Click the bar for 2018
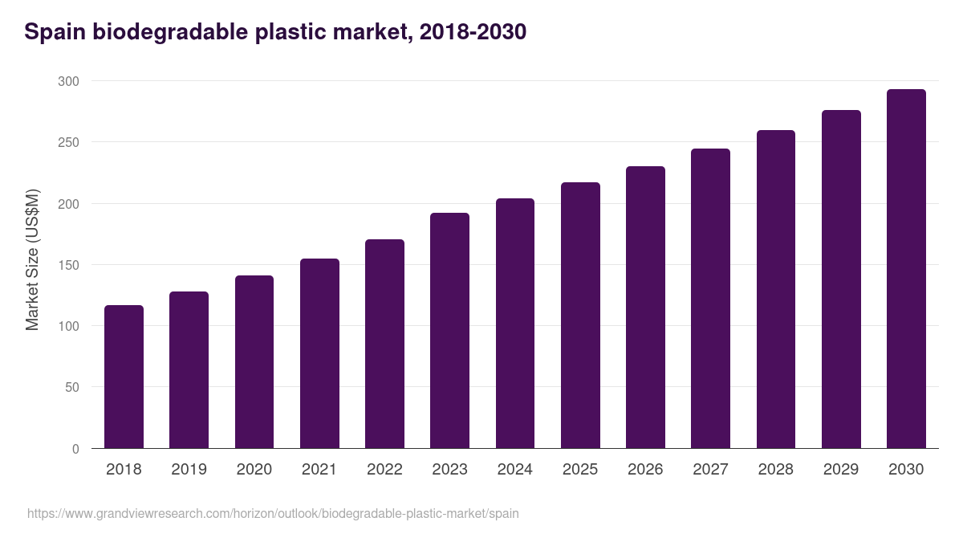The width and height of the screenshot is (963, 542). [x=124, y=377]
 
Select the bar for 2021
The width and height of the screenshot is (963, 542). [x=319, y=353]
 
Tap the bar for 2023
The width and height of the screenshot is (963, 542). [x=449, y=330]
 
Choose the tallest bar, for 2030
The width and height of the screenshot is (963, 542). [x=906, y=268]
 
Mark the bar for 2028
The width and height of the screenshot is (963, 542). [x=776, y=289]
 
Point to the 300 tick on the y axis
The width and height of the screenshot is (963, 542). [x=68, y=81]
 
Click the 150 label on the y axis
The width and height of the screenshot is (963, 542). [x=68, y=265]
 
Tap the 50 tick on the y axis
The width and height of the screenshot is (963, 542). [x=71, y=388]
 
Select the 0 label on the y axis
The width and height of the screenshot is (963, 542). [x=75, y=449]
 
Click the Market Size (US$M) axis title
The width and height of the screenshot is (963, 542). [x=32, y=259]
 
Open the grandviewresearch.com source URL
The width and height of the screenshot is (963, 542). [x=273, y=513]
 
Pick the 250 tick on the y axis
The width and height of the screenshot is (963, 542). [x=68, y=142]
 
